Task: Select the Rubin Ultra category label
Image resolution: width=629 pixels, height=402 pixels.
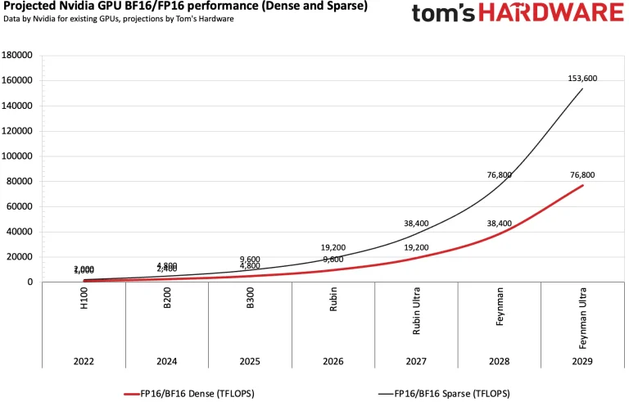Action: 416,309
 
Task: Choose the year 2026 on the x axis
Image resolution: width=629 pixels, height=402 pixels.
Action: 333,361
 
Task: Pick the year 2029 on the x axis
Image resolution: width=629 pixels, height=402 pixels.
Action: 582,361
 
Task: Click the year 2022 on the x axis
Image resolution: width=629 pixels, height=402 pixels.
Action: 84,361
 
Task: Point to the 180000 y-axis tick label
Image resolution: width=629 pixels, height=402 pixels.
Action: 18,56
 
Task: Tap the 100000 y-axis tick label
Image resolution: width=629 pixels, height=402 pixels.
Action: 18,156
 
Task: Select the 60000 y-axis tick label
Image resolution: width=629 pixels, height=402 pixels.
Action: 20,207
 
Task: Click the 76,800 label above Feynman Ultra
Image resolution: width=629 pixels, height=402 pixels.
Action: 582,174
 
